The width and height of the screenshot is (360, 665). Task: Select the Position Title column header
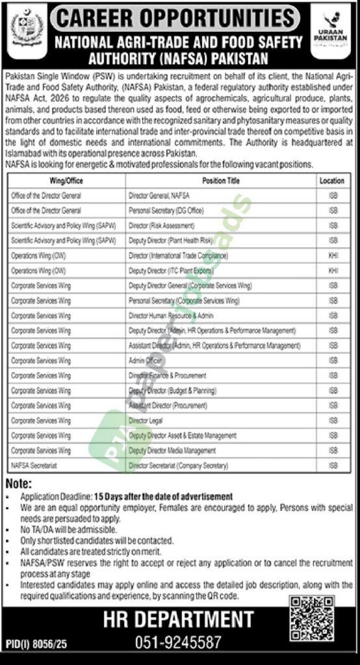click(x=220, y=181)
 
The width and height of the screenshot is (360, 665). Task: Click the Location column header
click(x=332, y=181)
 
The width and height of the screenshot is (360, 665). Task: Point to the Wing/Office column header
click(x=66, y=181)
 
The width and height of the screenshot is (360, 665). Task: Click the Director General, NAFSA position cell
click(x=159, y=195)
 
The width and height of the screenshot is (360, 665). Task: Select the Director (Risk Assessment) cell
click(x=161, y=225)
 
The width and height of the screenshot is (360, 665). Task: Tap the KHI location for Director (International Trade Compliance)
click(x=333, y=256)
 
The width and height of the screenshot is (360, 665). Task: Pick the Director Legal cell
click(x=144, y=420)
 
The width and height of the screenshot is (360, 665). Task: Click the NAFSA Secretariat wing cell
click(x=32, y=466)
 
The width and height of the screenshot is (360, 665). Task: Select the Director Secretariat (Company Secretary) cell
click(x=178, y=466)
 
